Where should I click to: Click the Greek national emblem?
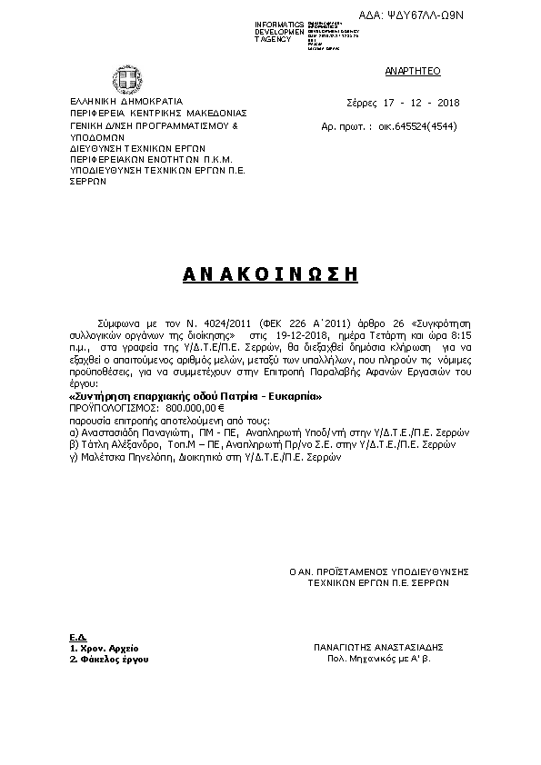pos(123,76)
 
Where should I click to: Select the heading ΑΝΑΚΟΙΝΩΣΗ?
pos(269,273)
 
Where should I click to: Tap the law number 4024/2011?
pos(208,322)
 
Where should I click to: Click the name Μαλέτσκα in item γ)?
pos(102,459)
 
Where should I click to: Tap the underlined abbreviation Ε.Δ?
pos(76,635)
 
